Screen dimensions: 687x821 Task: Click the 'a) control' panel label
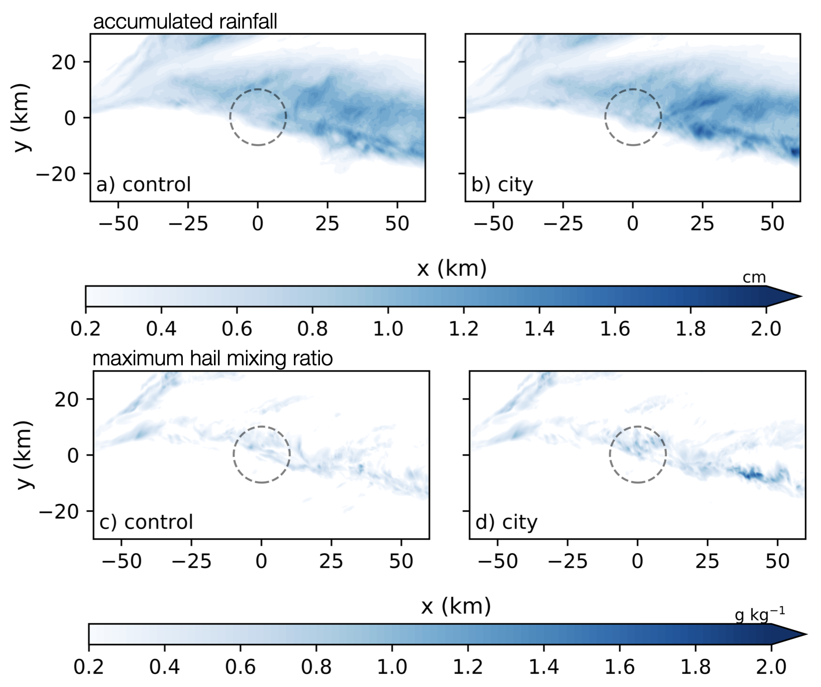[x=144, y=185]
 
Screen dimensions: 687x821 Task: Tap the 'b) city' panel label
[x=502, y=185]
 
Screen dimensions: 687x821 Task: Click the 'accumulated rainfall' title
[x=185, y=22]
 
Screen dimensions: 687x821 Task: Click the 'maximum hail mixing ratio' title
[x=213, y=359]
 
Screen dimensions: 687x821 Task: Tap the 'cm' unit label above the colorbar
[x=754, y=278]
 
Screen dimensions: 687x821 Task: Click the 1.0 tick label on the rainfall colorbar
[x=388, y=329]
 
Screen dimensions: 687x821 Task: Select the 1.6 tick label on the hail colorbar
[x=620, y=666]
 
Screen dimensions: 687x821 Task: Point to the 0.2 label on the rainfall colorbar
[x=86, y=329]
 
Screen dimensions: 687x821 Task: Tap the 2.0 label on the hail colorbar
[x=771, y=666]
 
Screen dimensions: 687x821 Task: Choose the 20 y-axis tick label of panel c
[x=67, y=399]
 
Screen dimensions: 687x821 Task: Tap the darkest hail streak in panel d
[x=752, y=475]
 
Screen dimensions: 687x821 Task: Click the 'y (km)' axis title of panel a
[x=22, y=117]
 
